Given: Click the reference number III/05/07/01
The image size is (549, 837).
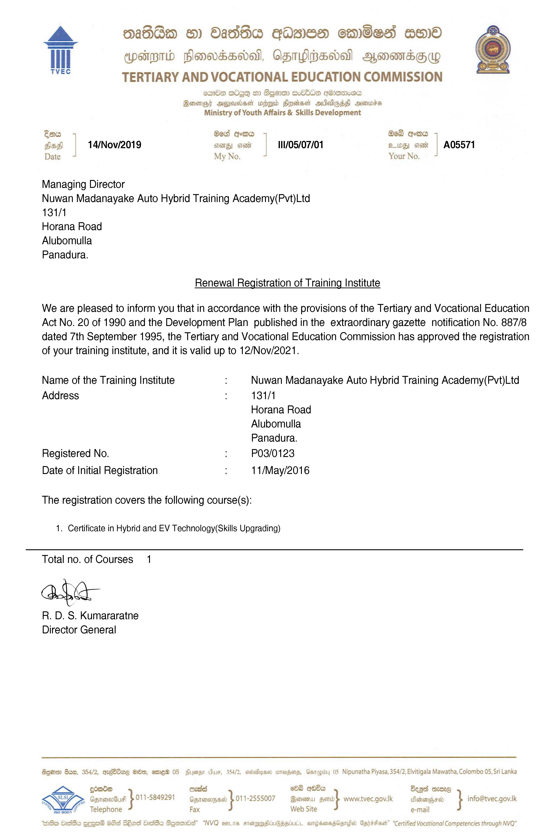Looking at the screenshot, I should tap(300, 145).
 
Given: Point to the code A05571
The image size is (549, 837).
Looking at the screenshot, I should tap(459, 145).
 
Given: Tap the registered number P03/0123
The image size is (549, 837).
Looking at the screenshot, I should tap(273, 453).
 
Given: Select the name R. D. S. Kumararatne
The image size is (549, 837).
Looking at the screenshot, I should tap(90, 615).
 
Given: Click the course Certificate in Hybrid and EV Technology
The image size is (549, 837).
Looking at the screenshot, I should tap(174, 528).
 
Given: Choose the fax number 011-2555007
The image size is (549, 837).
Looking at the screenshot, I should tap(255, 798).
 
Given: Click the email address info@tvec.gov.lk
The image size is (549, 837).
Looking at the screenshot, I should tap(492, 798).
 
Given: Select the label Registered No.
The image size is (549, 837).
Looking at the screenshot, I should tap(75, 453).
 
